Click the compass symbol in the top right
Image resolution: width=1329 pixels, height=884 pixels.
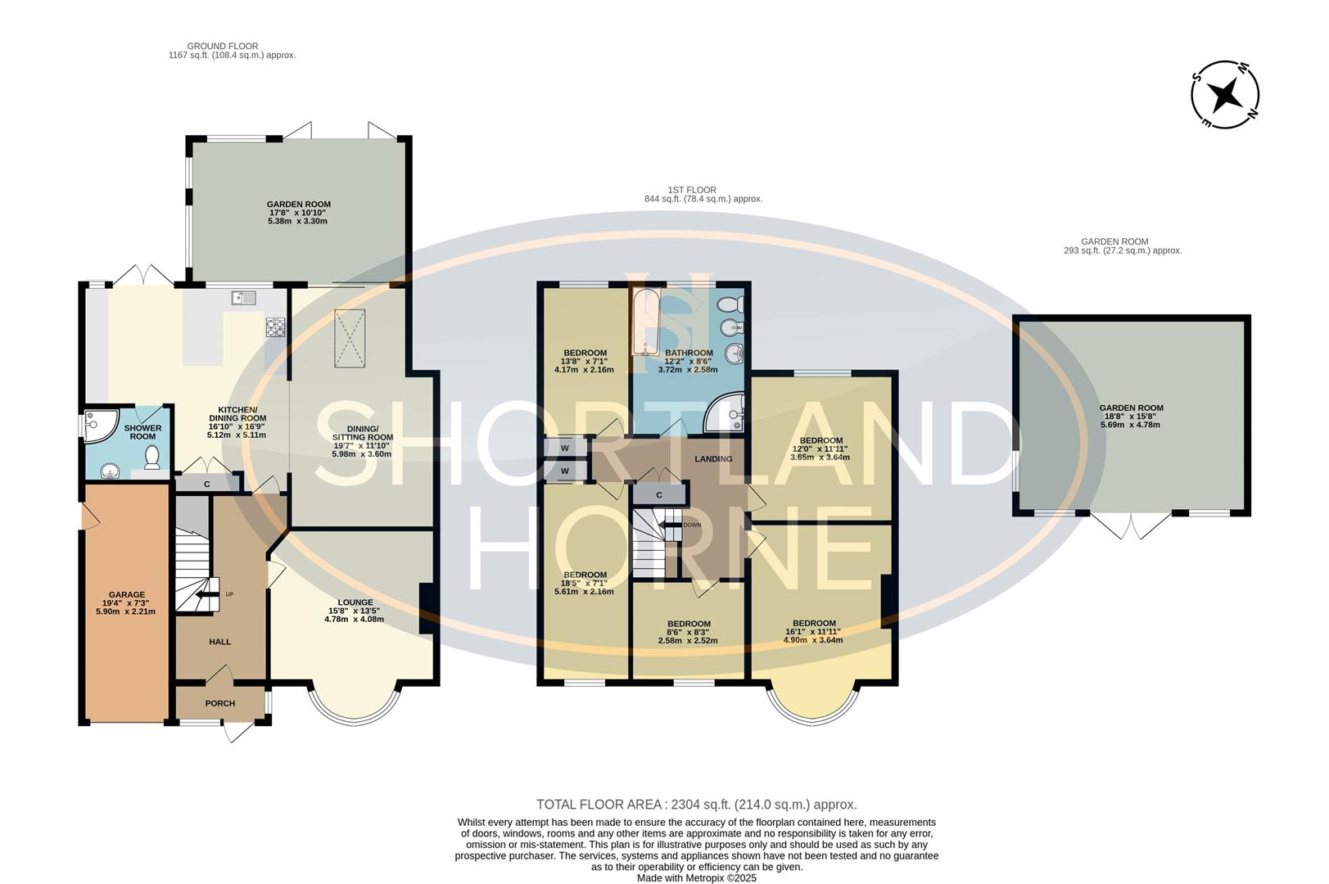(1225, 95)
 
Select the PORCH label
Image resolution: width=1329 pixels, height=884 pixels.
(219, 703)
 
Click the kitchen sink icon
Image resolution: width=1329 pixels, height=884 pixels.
(244, 297)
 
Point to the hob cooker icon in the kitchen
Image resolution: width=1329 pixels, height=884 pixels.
(275, 328)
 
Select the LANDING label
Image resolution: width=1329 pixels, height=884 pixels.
(713, 459)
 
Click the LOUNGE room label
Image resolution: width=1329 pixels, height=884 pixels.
(354, 602)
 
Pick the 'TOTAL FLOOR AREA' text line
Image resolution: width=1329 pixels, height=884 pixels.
(696, 805)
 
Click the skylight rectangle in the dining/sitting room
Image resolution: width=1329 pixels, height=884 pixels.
(350, 339)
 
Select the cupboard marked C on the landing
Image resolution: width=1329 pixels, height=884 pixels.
(659, 494)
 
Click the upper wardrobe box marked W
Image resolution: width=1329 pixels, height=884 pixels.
(565, 448)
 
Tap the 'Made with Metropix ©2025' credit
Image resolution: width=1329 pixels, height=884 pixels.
(697, 877)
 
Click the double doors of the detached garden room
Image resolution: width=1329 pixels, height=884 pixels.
(1131, 525)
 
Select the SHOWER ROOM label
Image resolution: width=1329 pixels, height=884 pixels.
(142, 432)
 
